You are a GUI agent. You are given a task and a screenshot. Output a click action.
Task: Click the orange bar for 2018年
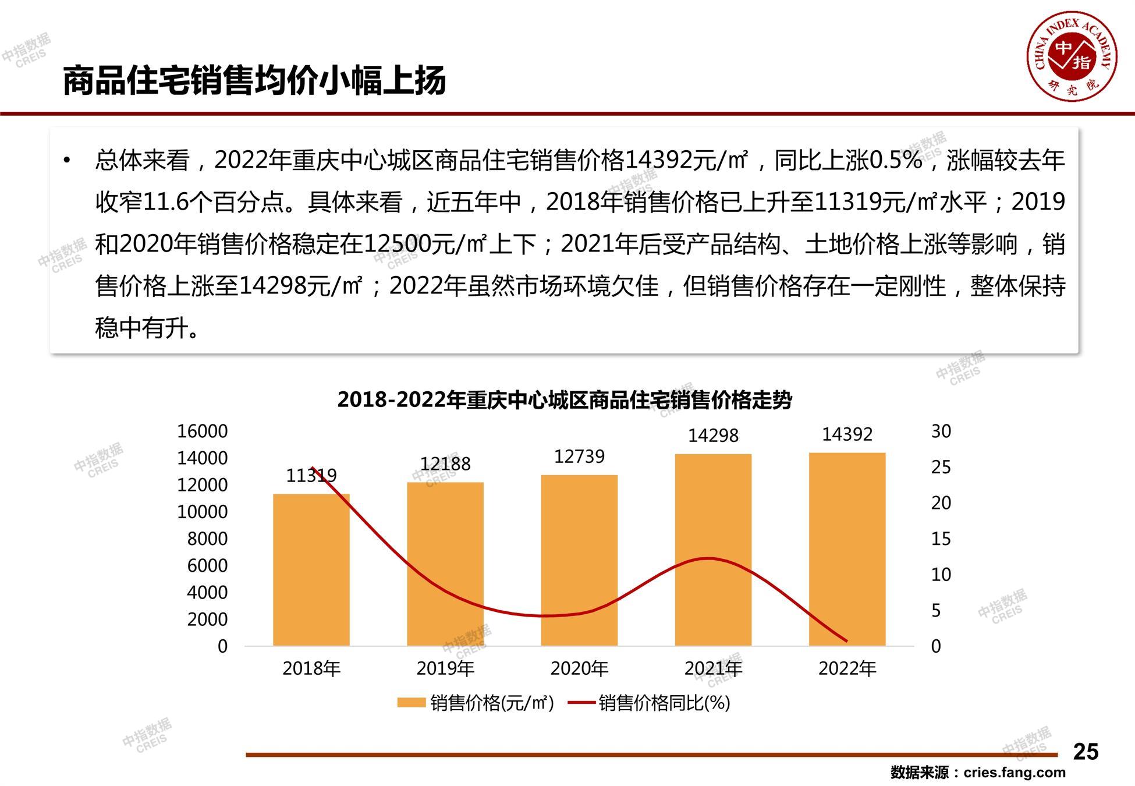point(311,570)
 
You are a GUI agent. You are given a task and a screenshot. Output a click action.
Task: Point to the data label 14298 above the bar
point(713,436)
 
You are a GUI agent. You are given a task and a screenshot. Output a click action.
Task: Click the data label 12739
point(579,456)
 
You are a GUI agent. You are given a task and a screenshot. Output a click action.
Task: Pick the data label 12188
point(445,464)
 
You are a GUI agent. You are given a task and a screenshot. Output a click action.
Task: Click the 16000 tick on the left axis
point(202,431)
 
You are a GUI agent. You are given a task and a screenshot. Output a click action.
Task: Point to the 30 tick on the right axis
point(941,431)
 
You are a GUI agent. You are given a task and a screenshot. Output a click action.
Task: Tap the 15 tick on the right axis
point(941,539)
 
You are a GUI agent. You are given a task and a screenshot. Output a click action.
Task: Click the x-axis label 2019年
point(445,668)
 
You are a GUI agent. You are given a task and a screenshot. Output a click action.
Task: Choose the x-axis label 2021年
point(713,668)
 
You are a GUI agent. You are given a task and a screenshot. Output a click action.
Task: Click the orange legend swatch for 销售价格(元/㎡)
point(411,703)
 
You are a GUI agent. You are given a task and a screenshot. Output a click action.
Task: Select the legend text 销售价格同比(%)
point(664,703)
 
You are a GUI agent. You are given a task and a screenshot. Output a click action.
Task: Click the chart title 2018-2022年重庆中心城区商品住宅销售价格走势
point(565,400)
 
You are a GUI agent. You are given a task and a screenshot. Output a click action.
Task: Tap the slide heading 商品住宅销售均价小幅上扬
point(254,80)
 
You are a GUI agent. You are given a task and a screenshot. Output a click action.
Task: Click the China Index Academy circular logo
point(1072,56)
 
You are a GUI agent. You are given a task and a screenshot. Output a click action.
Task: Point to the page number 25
point(1086,752)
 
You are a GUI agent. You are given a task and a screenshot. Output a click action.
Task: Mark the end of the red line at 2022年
point(847,641)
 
